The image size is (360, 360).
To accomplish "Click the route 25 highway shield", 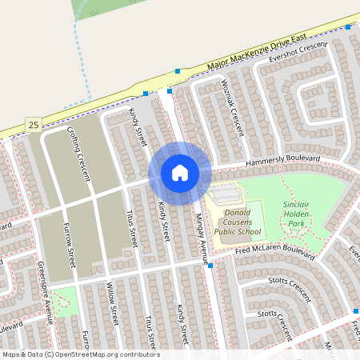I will click(x=32, y=124).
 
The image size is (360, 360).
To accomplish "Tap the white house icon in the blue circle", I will click(x=180, y=172).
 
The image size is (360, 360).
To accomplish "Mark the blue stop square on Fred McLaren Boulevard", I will click(x=210, y=266).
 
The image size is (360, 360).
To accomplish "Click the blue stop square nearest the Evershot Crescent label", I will click(x=348, y=27).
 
